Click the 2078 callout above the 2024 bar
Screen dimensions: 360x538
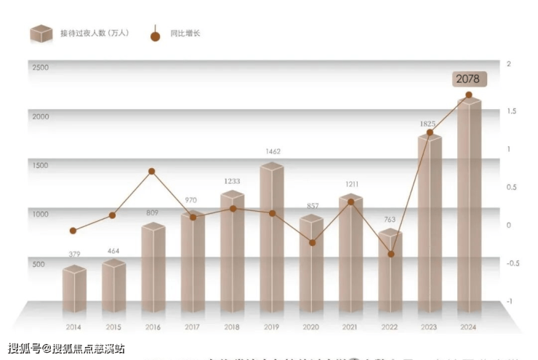click(x=467, y=79)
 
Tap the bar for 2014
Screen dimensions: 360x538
click(x=74, y=289)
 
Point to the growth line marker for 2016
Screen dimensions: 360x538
click(x=152, y=172)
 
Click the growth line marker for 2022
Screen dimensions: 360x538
click(x=390, y=254)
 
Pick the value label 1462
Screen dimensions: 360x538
click(x=272, y=151)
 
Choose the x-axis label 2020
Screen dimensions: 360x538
click(x=310, y=327)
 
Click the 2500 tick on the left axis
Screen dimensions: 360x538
click(x=40, y=68)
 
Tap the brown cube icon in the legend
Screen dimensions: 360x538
click(x=41, y=33)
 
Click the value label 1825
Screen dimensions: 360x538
click(x=429, y=124)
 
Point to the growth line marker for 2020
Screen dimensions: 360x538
click(x=312, y=242)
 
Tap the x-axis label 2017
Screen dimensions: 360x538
click(x=192, y=327)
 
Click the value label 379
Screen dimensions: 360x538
click(x=74, y=254)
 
